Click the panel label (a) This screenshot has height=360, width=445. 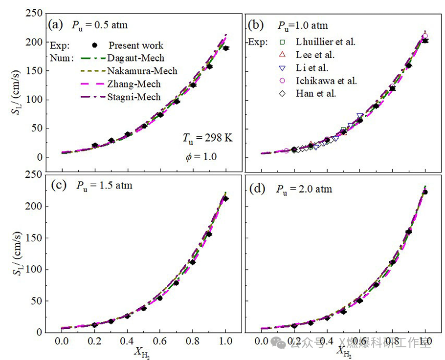(x=55, y=24)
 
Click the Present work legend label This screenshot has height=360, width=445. (x=136, y=45)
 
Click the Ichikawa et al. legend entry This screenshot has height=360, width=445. (x=326, y=81)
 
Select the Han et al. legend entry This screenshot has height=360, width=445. (x=316, y=93)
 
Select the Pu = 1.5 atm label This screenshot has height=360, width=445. (x=104, y=186)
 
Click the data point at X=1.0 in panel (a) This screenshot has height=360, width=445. (x=225, y=48)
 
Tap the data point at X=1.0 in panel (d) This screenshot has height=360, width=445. (x=425, y=192)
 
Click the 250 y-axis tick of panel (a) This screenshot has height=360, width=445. (x=33, y=13)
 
